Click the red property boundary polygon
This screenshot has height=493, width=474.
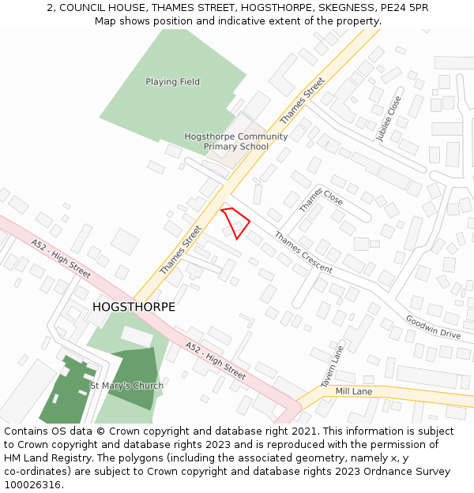click(x=236, y=222)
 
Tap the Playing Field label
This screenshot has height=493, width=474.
click(x=172, y=82)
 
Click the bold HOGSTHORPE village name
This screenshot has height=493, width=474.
click(x=134, y=307)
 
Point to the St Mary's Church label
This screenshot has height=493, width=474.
click(x=126, y=386)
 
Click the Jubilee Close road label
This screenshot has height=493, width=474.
click(x=389, y=118)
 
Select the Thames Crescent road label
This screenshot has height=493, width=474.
click(x=303, y=252)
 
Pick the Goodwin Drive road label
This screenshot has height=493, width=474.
click(x=433, y=327)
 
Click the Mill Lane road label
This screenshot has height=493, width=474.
click(x=353, y=391)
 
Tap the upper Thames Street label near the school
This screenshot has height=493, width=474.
click(x=303, y=100)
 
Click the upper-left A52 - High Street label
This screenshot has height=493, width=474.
click(x=62, y=258)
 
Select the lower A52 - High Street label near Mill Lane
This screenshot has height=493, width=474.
click(x=216, y=360)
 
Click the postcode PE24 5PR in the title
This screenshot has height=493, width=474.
click(x=402, y=7)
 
